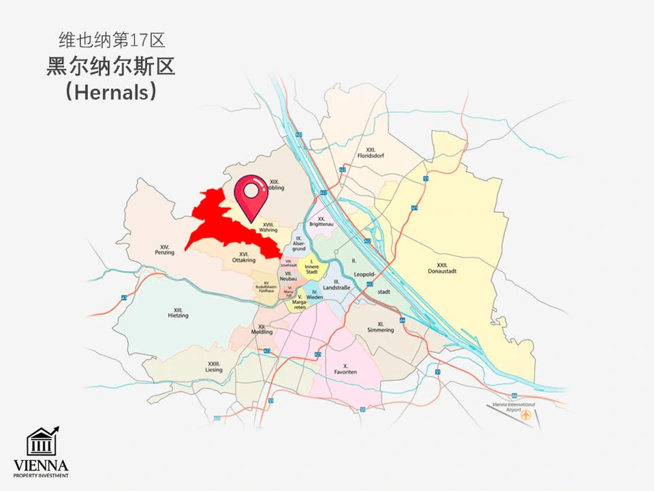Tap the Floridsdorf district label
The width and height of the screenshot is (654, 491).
point(371,153)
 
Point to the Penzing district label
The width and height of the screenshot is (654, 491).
point(165,250)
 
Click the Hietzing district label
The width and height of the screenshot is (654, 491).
point(178,313)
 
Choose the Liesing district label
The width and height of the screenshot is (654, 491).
point(214,367)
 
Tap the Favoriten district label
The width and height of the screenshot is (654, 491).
point(346,369)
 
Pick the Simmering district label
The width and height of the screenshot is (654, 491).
point(380,327)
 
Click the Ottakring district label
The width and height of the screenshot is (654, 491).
point(243,257)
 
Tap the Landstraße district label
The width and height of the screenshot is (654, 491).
point(337,286)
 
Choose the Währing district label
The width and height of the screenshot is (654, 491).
point(268,227)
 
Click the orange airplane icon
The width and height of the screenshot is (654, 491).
point(526,415)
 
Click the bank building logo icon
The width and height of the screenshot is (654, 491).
point(41,442)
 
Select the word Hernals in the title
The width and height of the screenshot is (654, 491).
point(111,92)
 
